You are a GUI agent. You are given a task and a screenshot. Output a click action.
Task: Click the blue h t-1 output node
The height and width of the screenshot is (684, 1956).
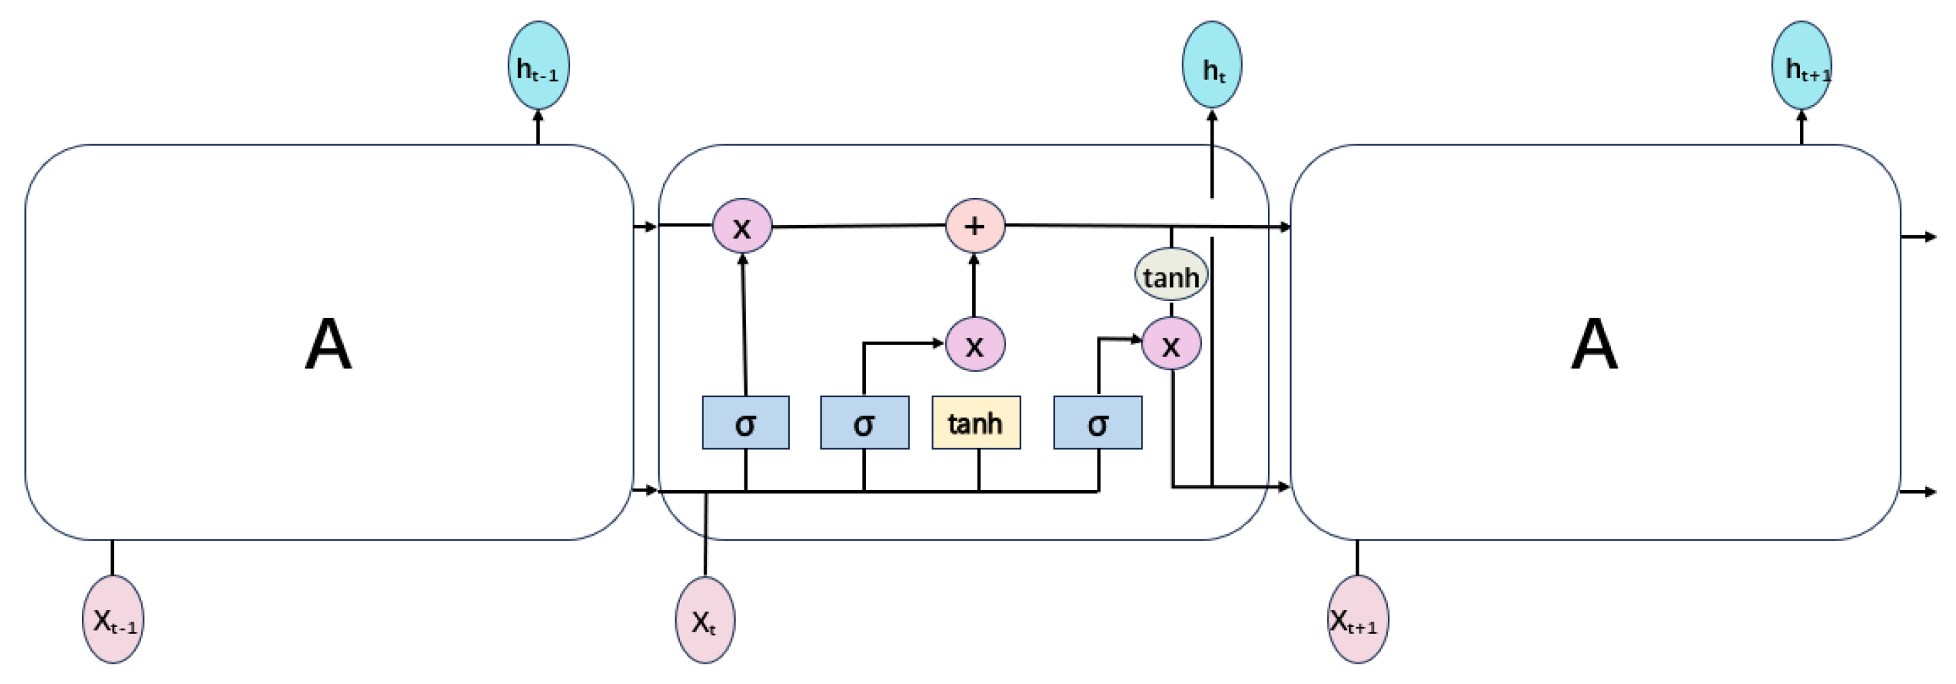click(538, 66)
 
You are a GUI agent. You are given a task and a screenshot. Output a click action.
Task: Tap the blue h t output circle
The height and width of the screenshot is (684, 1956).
click(1212, 66)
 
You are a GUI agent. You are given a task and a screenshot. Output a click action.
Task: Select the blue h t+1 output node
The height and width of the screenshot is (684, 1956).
click(1801, 66)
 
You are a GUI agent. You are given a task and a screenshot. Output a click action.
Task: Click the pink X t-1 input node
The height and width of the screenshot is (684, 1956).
click(113, 620)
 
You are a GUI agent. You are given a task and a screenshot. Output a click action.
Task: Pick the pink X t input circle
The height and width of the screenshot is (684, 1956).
click(704, 620)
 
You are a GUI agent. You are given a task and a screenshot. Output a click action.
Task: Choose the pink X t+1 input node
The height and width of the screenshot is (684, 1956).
click(1357, 620)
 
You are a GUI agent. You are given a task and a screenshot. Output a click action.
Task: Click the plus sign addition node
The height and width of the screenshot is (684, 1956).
click(975, 226)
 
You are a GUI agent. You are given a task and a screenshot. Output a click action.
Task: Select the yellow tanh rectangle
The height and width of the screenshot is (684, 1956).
click(976, 423)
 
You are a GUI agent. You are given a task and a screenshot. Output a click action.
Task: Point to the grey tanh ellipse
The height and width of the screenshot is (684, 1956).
click(1171, 275)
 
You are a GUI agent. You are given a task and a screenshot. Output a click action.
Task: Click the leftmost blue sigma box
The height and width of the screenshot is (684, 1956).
click(745, 423)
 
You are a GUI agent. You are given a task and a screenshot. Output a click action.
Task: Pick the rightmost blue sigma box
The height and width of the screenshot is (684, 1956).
click(1097, 423)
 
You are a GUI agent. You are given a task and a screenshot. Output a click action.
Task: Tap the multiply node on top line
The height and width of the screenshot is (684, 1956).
click(742, 226)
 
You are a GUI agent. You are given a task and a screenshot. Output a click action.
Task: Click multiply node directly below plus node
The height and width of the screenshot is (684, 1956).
click(975, 344)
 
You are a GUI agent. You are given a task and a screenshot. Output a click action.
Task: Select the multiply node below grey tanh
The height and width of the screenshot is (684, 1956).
click(1172, 344)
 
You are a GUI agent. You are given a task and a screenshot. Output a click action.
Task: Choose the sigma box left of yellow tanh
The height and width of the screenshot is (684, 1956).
click(864, 423)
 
